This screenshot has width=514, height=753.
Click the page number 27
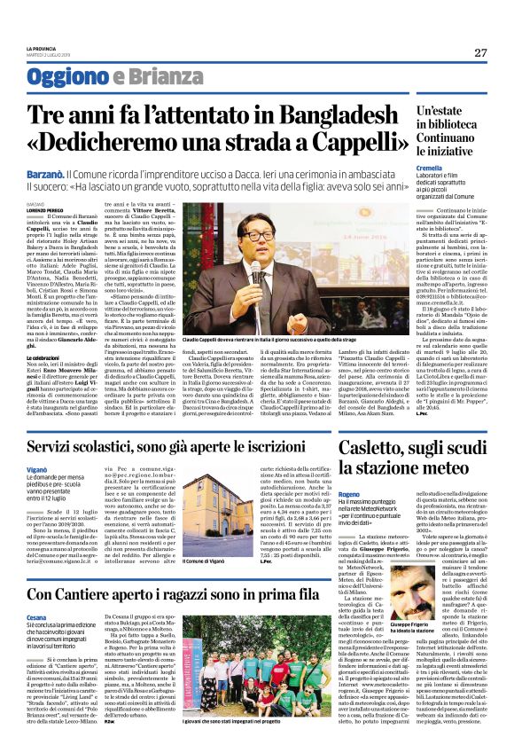tap(480, 52)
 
